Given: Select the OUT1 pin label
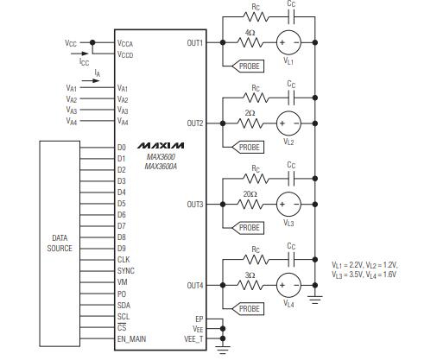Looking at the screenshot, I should click(195, 42).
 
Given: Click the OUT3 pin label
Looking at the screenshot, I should click(195, 205).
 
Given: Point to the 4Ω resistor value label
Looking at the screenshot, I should click(250, 33).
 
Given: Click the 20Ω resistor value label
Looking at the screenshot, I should click(250, 194).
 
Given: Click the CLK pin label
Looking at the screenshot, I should click(123, 259).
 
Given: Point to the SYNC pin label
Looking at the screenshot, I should click(126, 270).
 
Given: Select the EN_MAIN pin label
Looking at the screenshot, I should click(131, 338).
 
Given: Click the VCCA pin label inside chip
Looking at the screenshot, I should click(125, 41).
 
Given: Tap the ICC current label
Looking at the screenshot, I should click(84, 62).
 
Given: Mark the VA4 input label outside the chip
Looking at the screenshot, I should click(71, 122).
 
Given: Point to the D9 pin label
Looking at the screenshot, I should click(122, 248).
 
